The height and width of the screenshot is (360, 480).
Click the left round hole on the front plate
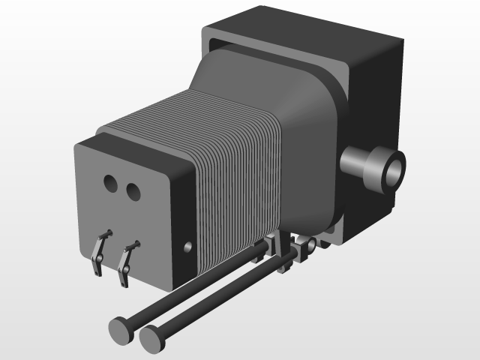(110, 183)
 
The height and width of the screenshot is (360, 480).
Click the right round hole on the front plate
(133, 192)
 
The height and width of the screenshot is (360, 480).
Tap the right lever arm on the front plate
(126, 262)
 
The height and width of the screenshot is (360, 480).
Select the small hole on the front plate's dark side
(187, 246)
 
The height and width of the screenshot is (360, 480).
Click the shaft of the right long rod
(225, 293)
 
